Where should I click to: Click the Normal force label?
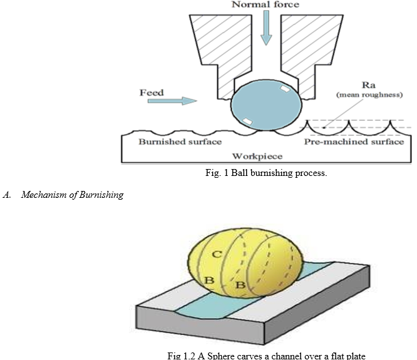tap(265, 4)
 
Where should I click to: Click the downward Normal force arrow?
tap(266, 28)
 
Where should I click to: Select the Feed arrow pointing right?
tap(172, 101)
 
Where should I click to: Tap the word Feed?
tap(152, 93)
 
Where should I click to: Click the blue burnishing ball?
tap(266, 105)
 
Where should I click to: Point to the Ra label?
tap(369, 85)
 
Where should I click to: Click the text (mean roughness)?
tap(369, 95)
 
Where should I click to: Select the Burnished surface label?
tap(180, 141)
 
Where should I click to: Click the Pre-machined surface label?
tap(354, 141)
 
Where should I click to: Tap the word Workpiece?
tap(257, 156)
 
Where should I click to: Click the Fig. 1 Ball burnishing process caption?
tap(266, 173)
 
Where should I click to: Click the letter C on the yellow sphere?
tap(217, 254)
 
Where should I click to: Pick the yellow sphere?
tap(245, 263)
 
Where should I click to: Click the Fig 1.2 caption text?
tap(266, 356)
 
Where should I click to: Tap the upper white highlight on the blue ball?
tap(285, 89)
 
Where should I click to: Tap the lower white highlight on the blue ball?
tap(247, 121)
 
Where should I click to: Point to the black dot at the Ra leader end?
tap(324, 128)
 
